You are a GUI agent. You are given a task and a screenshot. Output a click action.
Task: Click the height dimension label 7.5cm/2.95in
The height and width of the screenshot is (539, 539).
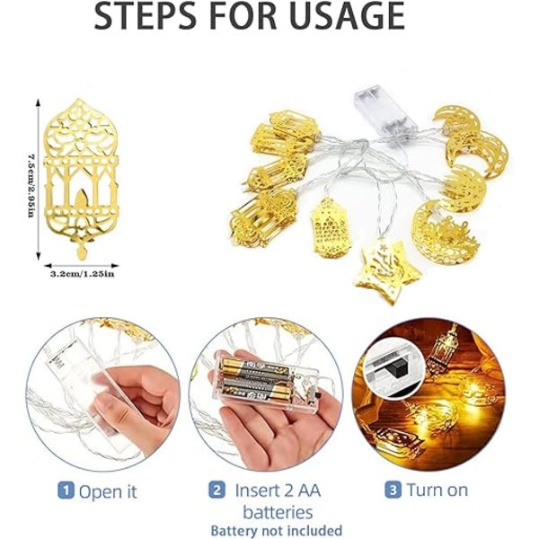[x=31, y=186]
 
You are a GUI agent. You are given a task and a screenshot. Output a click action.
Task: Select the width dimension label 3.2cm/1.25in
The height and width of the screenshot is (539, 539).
[x=82, y=274]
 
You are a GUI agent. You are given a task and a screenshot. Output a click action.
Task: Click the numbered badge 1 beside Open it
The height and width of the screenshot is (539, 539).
[x=66, y=490]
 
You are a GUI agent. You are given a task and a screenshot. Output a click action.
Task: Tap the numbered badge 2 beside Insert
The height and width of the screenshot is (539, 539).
[x=216, y=490]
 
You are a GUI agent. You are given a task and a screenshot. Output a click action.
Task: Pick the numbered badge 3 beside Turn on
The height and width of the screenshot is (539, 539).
[x=393, y=490]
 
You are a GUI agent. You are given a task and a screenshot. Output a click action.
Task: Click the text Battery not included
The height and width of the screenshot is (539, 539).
[x=277, y=530]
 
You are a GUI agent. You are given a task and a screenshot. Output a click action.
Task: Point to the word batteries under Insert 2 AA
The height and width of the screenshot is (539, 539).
[x=278, y=512]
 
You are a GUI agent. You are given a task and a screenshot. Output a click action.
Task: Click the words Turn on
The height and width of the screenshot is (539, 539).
[x=437, y=490]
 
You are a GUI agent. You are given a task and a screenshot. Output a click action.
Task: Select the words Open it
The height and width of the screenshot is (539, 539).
[x=108, y=491]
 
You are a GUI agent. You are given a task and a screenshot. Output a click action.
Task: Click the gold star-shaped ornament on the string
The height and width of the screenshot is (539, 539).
[x=388, y=269]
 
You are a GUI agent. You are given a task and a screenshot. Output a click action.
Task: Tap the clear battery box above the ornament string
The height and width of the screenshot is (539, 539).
[x=385, y=113]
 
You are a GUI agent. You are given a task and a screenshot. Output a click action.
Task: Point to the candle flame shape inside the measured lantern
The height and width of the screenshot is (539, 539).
[x=82, y=199]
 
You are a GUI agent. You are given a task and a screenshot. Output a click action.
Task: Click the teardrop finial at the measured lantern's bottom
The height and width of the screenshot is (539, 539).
[x=82, y=252]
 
